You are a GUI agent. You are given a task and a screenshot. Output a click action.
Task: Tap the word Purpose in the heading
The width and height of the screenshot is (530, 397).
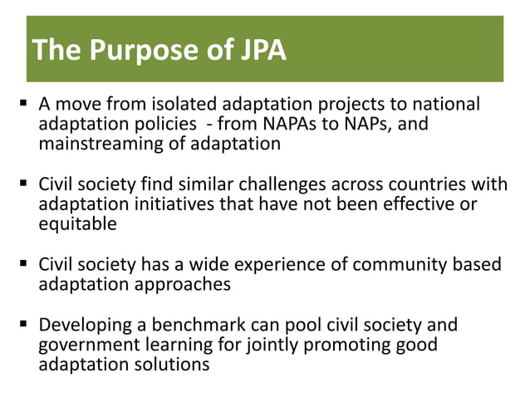pyautogui.click(x=140, y=51)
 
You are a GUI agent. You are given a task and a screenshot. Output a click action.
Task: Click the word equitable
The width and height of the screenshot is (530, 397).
pyautogui.click(x=76, y=223)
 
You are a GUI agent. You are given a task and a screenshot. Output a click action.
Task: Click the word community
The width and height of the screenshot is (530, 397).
pyautogui.click(x=396, y=265)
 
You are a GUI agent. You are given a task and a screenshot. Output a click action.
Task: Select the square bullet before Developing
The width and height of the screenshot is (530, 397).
pyautogui.click(x=27, y=325)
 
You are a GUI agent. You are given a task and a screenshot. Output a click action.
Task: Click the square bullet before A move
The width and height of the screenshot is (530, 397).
pyautogui.click(x=27, y=105)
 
